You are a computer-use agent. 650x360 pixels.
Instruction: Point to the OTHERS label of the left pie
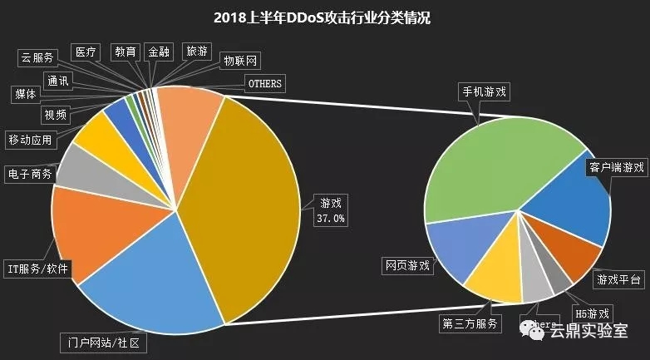265,84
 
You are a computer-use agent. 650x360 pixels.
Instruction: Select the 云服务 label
37,57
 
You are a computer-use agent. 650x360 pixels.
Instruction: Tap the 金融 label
158,52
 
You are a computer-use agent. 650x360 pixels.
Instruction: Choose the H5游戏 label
593,314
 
